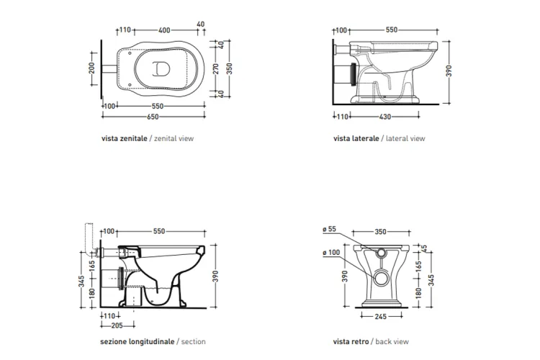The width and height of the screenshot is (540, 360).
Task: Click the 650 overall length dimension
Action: click(153, 117)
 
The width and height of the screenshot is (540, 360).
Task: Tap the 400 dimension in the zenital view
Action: click(164, 30)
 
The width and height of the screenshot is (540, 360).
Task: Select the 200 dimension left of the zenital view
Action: click(91, 68)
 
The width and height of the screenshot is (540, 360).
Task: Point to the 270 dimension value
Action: click(216, 68)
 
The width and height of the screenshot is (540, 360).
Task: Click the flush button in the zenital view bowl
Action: click(161, 68)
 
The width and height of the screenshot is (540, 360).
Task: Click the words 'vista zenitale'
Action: click(125, 138)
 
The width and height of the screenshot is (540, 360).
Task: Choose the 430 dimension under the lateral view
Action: click(385, 117)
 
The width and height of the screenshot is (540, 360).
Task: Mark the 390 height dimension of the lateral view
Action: click(449, 71)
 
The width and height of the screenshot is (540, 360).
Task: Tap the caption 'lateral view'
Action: click(405, 138)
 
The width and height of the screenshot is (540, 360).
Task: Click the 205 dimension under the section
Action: click(117, 325)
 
